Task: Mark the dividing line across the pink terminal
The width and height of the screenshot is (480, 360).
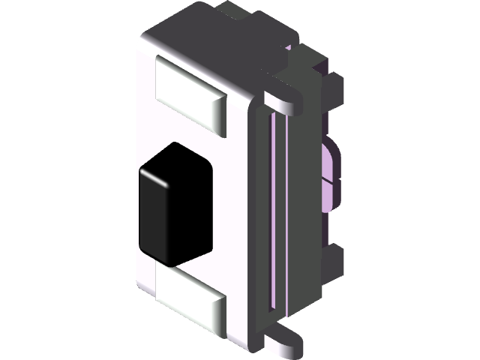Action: tap(331, 181)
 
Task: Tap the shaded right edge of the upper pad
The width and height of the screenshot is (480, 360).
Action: tap(219, 112)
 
